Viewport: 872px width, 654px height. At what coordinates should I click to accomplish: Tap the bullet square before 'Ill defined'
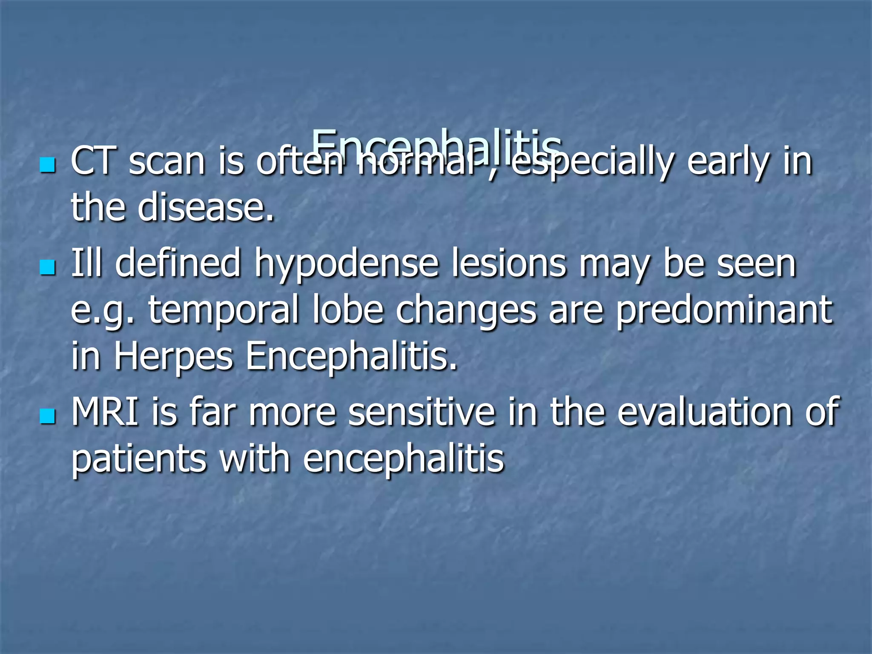click(47, 268)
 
